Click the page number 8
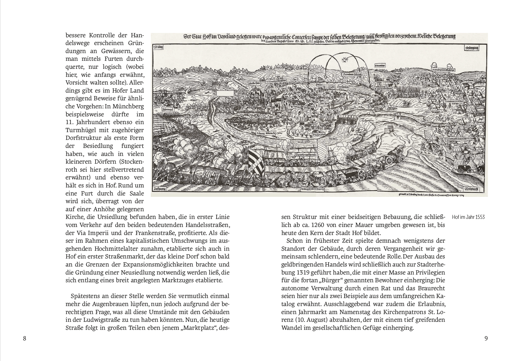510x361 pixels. [x=25, y=338]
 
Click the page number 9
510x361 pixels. [x=486, y=338]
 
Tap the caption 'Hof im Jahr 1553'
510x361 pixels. [x=468, y=217]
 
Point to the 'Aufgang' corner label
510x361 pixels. [x=160, y=189]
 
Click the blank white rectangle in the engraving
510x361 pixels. [x=225, y=93]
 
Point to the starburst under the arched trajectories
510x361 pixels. [x=344, y=60]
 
